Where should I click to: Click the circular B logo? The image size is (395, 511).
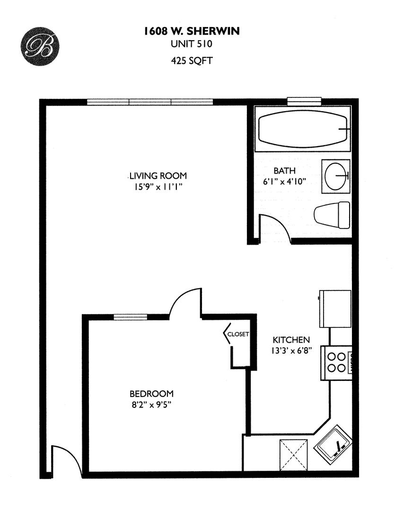point(40,46)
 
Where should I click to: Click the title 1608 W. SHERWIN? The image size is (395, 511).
point(192,31)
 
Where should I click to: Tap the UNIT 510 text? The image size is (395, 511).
point(192,44)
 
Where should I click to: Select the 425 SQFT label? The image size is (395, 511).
point(192,61)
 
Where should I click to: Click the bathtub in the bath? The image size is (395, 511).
point(302,129)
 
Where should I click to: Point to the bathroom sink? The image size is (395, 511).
point(336,176)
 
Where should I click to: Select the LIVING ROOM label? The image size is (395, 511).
point(158,176)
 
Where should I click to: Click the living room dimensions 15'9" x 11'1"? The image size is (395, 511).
point(158,187)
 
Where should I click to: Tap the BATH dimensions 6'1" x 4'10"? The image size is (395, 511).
point(284,182)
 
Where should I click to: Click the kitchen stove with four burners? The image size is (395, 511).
point(336,363)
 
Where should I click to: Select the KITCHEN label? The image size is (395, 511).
point(291,340)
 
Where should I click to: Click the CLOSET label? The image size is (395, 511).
point(238,334)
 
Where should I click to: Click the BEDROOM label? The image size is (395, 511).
point(151,394)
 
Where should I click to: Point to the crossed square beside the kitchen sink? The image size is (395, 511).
point(294,455)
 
